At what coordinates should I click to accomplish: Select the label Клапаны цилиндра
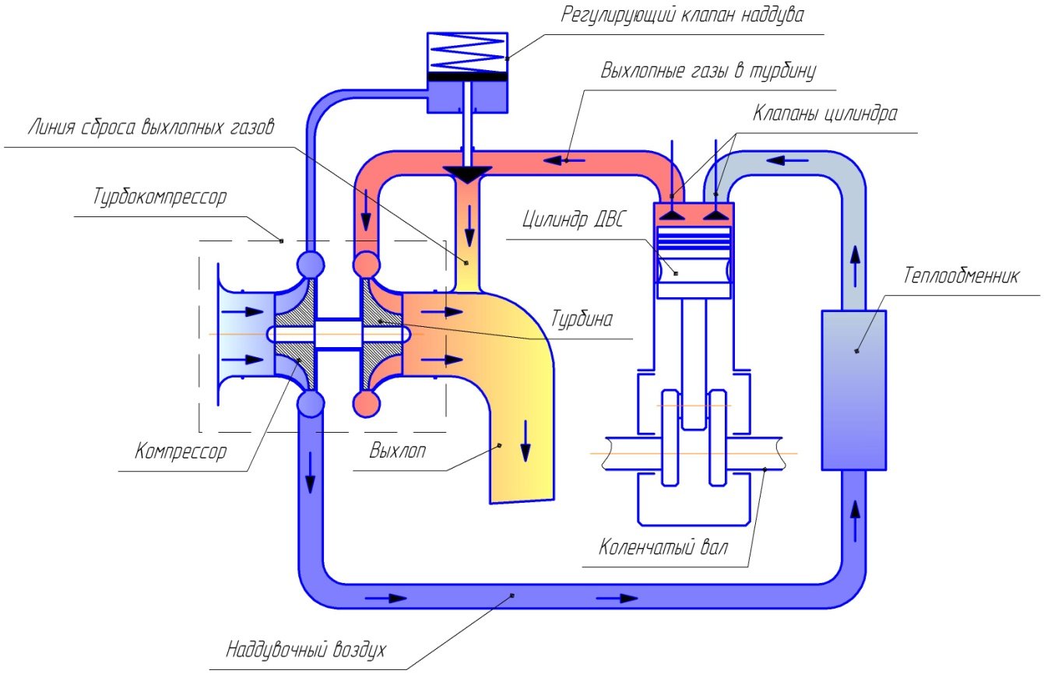[x=824, y=113]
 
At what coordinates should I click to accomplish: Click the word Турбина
[x=582, y=318]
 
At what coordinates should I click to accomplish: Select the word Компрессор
[x=181, y=451]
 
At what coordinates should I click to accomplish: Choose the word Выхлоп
[x=398, y=451]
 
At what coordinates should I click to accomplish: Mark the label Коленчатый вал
[x=664, y=546]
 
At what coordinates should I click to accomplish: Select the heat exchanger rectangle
[x=853, y=389]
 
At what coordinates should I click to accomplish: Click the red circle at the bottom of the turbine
[x=367, y=404]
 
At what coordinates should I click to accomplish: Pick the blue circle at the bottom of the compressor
[x=310, y=403]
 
